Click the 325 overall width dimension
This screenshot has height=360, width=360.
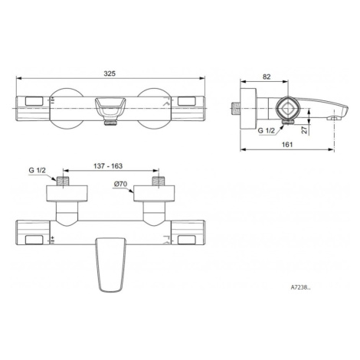click(x=110, y=74)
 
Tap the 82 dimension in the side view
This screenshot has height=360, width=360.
click(x=267, y=77)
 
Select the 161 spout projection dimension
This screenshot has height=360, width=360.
click(x=287, y=145)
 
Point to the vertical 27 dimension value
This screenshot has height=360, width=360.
click(x=304, y=129)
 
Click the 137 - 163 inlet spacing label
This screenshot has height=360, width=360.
click(x=108, y=166)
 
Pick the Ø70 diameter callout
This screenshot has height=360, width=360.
click(x=121, y=184)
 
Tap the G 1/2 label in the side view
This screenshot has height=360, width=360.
click(x=266, y=130)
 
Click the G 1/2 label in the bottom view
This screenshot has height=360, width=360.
click(x=37, y=170)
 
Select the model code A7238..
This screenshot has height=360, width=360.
click(x=301, y=287)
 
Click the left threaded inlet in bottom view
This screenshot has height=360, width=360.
click(x=63, y=181)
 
